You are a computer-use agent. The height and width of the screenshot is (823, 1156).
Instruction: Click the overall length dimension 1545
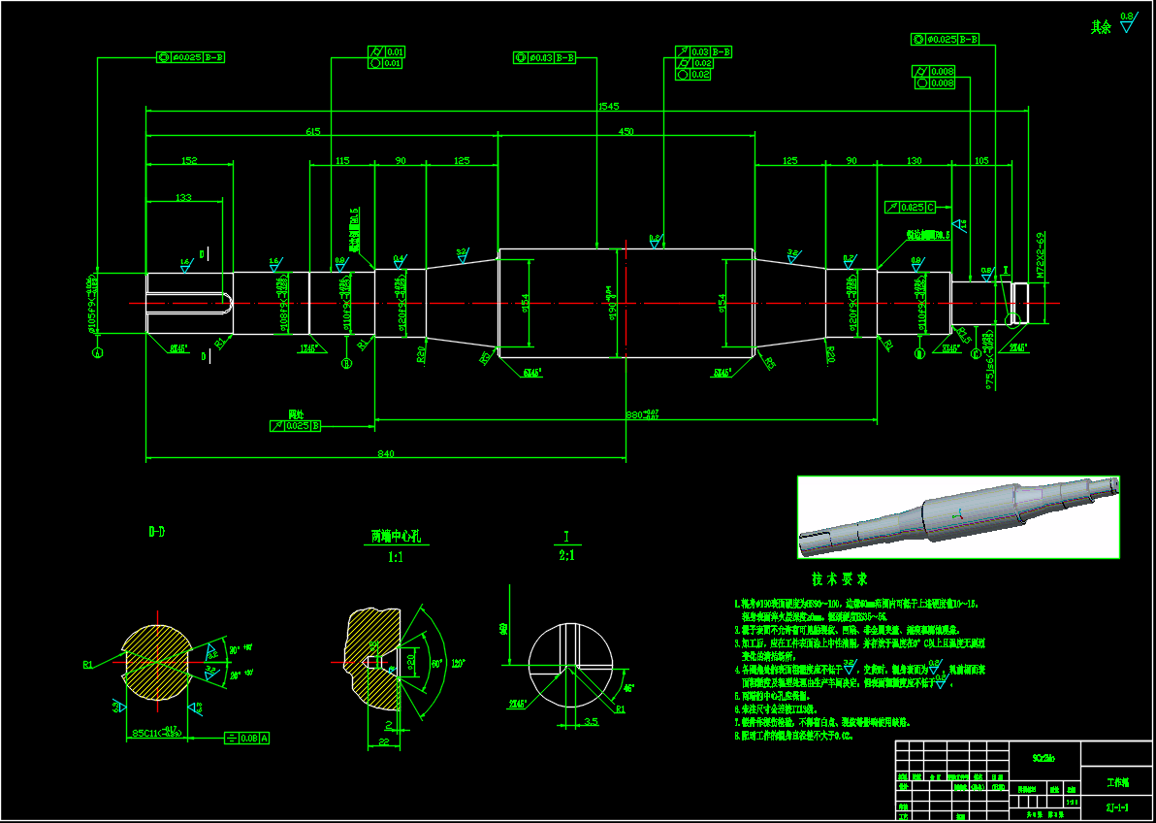coord(609,106)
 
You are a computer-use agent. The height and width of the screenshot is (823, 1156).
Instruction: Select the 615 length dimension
coord(312,131)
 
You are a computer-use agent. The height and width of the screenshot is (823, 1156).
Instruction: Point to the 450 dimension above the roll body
coord(626,131)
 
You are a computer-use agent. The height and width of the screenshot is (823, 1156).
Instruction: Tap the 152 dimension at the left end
coord(189,160)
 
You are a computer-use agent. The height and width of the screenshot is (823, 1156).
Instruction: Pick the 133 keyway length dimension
coord(183,197)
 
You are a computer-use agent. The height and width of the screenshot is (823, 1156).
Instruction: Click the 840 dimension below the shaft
coord(386,453)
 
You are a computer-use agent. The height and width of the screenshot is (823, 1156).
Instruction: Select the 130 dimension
coord(914,160)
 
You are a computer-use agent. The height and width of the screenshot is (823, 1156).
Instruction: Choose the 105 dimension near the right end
coord(980,160)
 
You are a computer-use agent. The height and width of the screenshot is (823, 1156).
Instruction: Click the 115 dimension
coord(341,160)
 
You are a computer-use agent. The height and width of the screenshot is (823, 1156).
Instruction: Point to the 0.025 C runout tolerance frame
coord(911,208)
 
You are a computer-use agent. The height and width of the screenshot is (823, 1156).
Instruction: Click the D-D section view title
coord(156,532)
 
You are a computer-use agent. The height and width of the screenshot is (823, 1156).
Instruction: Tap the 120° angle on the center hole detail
coord(458,665)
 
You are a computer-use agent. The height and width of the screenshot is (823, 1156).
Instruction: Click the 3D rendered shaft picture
coord(958,517)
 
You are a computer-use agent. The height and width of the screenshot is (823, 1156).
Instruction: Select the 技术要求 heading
coord(839,579)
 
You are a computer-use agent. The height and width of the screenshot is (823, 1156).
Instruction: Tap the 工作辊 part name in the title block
coord(1116,781)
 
